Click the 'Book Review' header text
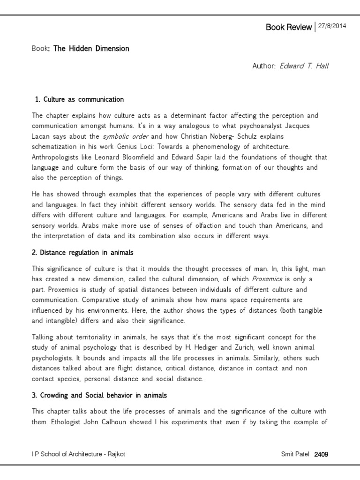click(288, 27)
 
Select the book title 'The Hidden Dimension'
click(91, 48)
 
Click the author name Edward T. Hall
click(304, 66)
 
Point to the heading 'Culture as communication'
click(83, 99)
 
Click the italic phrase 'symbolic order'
click(126, 136)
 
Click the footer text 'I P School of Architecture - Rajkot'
click(78, 454)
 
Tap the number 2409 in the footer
click(322, 454)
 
